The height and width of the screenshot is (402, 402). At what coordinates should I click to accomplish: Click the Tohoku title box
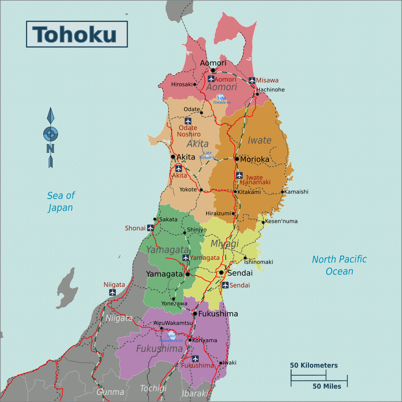77,34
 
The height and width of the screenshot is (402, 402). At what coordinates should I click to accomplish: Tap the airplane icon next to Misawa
252,80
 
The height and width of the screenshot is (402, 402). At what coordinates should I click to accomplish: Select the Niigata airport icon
113,292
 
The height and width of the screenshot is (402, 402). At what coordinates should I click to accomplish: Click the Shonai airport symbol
150,228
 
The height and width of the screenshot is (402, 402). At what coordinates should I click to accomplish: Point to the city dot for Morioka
237,159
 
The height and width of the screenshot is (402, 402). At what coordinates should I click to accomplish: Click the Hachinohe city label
270,90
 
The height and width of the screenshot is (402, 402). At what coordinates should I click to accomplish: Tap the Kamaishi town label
296,192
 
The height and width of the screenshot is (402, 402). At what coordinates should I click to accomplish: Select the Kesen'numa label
281,221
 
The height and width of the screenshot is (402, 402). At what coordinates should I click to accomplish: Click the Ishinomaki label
258,262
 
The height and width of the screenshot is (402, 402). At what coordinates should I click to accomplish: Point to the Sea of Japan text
61,201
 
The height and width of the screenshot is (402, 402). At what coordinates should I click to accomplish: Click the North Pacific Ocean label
339,265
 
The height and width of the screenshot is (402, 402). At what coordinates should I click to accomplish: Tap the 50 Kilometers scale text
314,365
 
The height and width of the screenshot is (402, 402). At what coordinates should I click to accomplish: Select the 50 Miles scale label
327,386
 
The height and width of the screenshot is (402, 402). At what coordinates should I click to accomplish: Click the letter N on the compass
50,148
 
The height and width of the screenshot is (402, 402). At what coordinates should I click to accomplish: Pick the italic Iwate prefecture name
259,140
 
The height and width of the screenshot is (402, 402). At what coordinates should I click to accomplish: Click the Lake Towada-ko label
221,100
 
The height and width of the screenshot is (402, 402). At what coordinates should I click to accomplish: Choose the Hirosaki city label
182,84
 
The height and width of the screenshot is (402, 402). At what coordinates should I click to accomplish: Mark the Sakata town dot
155,219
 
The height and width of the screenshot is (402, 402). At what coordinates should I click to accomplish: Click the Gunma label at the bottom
110,392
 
